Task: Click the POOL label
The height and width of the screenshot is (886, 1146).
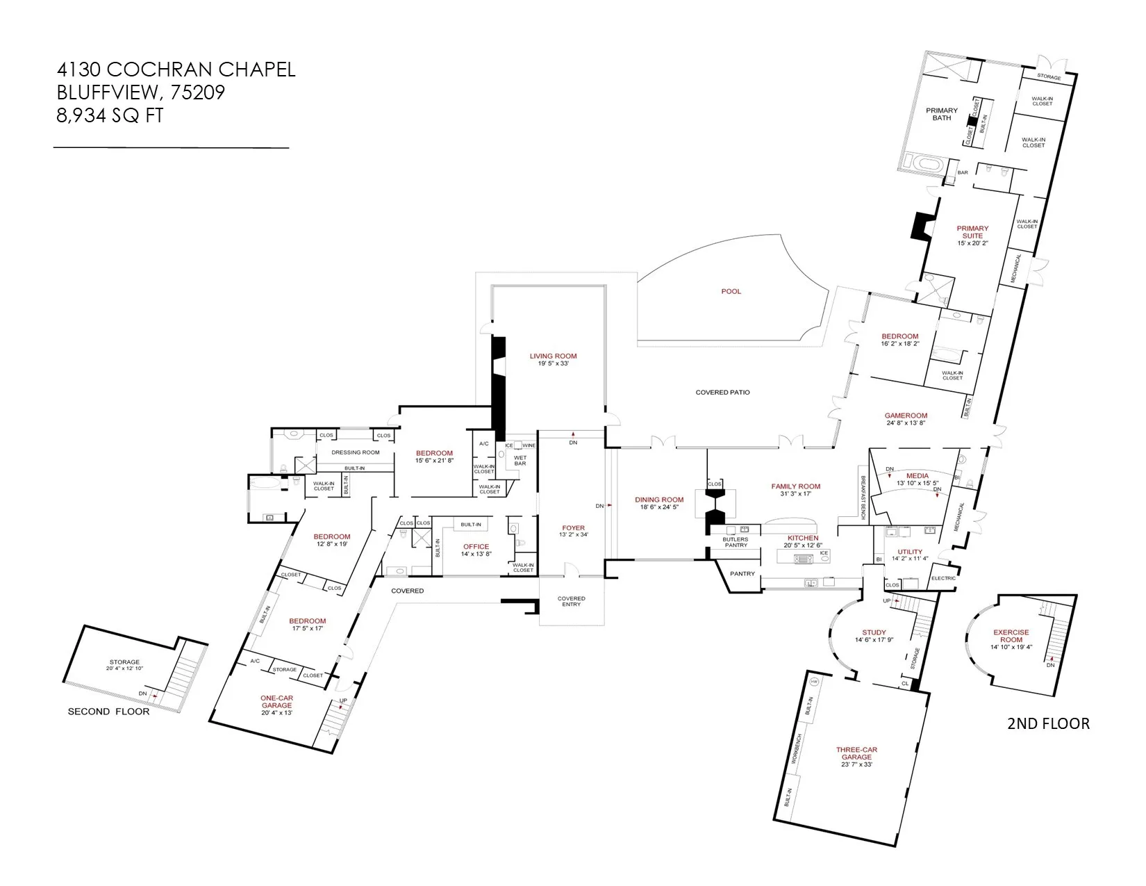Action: [x=731, y=291]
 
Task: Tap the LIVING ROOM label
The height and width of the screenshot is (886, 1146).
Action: [x=553, y=356]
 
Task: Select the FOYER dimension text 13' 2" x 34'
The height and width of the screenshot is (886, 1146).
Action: [x=574, y=535]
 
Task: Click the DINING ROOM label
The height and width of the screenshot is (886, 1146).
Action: [x=659, y=500]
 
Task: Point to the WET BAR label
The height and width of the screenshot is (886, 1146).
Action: [x=520, y=460]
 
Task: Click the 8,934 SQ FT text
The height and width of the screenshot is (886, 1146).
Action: [x=110, y=115]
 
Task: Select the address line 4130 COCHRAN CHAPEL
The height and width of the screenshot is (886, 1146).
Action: [x=176, y=69]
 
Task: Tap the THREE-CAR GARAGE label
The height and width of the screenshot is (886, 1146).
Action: [x=856, y=753]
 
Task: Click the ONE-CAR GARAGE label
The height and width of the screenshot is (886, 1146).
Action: [x=276, y=701]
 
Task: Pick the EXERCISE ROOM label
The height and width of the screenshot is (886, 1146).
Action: [x=1011, y=636]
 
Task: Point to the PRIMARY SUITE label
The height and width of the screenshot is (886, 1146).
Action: [x=972, y=231]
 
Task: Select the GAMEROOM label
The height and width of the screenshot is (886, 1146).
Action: [x=906, y=416]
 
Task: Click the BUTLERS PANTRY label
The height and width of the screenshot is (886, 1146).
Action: [x=736, y=542]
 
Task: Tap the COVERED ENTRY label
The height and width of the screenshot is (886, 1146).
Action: [x=571, y=601]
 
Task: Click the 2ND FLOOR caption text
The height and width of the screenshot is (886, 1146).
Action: [x=1048, y=723]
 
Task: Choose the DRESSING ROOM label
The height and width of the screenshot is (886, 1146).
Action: [x=355, y=452]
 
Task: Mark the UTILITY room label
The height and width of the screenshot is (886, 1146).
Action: [x=910, y=552]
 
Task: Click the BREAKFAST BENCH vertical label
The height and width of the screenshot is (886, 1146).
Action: [x=863, y=497]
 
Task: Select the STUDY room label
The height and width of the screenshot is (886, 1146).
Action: [x=874, y=632]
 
